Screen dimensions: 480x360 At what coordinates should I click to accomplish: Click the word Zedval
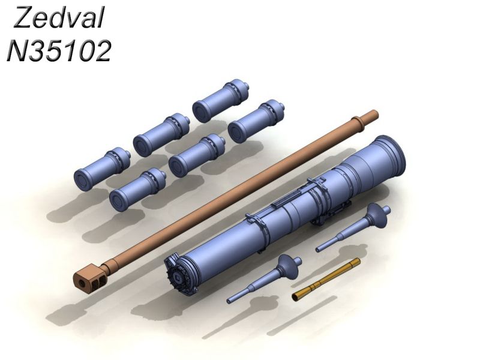click(59, 18)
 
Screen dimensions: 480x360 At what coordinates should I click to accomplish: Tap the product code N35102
click(59, 51)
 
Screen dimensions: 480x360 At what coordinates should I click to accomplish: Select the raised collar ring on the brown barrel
click(357, 122)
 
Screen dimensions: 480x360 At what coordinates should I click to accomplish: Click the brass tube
click(326, 279)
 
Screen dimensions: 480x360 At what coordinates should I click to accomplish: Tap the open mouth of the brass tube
click(295, 296)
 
